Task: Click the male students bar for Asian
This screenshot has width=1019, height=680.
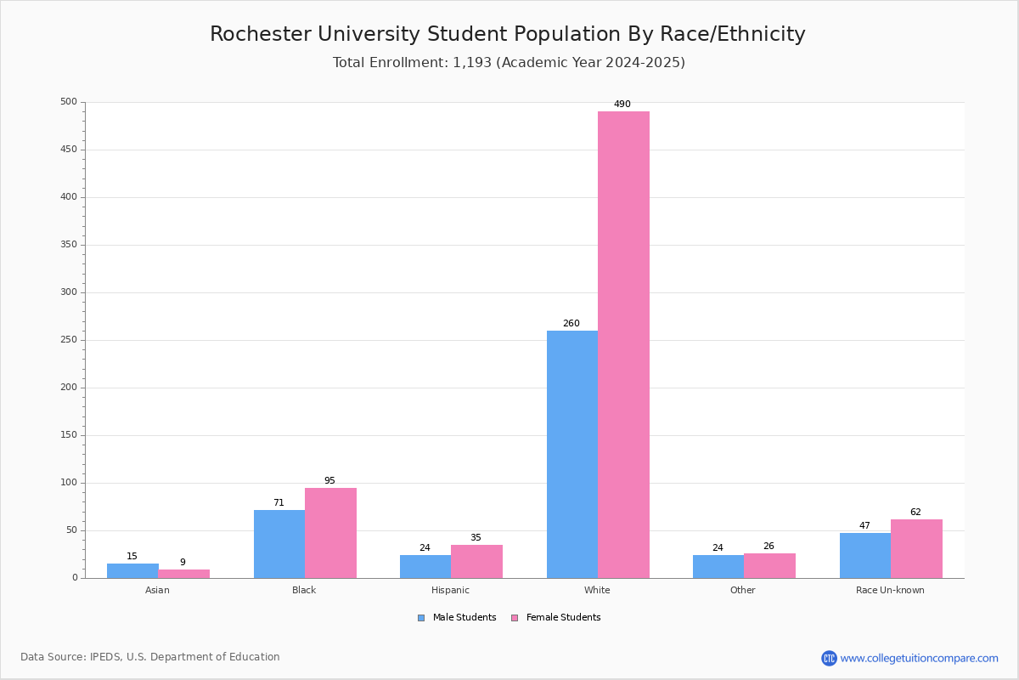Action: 132,570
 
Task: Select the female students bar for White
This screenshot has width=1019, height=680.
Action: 623,344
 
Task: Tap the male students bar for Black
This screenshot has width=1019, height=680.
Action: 279,544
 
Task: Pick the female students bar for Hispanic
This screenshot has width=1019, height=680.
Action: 476,561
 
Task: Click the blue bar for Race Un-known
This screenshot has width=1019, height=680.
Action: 865,555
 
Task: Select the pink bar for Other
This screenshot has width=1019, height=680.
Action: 769,565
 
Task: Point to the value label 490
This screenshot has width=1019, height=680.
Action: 622,105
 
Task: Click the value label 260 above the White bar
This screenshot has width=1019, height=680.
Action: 571,324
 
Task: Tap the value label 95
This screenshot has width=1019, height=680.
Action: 329,481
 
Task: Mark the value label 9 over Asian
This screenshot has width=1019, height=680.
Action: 183,563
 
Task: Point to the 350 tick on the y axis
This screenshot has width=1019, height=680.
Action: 69,245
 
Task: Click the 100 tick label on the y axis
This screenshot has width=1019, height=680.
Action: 69,483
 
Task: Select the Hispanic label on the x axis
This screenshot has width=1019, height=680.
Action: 450,590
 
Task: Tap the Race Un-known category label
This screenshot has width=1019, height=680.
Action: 890,590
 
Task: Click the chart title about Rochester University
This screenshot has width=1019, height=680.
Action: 508,35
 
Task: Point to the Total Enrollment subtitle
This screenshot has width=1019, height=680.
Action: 509,63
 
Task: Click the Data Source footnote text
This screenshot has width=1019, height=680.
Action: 150,657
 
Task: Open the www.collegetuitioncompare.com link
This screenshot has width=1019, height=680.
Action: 919,659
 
